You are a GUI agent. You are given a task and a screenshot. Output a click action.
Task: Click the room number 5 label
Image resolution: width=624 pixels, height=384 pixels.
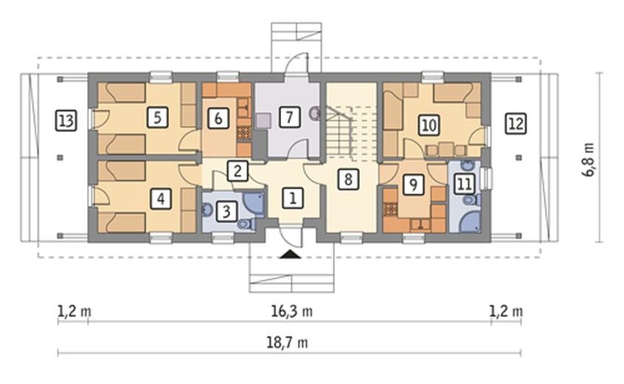[x=157, y=117]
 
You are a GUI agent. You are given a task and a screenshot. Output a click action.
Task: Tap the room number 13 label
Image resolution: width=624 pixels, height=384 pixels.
[x=66, y=120]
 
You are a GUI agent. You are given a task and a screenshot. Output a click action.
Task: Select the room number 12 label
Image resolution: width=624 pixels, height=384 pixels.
[x=516, y=123]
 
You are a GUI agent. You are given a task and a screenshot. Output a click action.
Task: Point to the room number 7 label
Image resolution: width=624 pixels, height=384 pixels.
[x=289, y=117]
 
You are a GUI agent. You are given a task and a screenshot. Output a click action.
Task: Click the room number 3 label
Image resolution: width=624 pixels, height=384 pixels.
[x=226, y=211]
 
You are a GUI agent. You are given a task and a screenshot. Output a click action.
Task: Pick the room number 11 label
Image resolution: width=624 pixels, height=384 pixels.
[x=465, y=184]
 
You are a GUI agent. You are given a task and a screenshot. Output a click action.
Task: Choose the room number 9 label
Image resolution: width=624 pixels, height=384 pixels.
[x=413, y=185]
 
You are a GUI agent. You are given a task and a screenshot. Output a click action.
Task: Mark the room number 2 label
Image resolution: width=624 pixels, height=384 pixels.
[x=238, y=171]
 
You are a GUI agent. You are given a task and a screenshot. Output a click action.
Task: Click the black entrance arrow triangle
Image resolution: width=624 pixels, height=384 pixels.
[x=290, y=254]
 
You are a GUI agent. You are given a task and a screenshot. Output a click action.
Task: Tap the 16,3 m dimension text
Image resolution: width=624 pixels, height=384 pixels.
[x=291, y=311]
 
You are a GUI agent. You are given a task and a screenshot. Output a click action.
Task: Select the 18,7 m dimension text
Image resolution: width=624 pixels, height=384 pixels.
[x=287, y=343]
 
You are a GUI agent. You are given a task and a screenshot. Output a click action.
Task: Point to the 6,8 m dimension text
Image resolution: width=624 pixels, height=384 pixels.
[x=590, y=160]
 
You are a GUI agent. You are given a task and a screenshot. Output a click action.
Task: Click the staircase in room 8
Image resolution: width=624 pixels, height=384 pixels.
[x=351, y=131]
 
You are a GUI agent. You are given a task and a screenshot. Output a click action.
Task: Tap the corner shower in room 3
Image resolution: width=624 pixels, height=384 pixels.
[x=254, y=205]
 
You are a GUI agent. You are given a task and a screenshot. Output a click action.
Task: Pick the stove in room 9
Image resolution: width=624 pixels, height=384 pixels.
[x=391, y=209]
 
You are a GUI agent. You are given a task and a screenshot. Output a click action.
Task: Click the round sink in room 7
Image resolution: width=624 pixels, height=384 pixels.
[x=315, y=113]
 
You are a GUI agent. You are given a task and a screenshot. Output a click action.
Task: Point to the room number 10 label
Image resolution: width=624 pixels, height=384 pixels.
[x=429, y=125]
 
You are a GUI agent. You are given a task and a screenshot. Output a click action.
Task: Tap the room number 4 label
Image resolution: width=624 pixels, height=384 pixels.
[x=161, y=199]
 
